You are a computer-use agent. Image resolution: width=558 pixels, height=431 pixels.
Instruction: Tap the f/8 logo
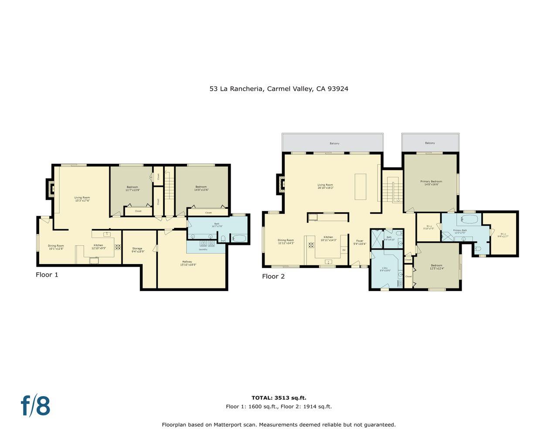36,406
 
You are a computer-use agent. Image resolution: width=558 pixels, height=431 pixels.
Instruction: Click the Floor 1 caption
47,275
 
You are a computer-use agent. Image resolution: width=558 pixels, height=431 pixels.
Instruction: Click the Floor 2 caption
273,276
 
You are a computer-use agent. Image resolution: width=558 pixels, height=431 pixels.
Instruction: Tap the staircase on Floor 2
393,190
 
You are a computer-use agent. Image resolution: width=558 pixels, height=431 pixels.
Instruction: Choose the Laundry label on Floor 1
203,249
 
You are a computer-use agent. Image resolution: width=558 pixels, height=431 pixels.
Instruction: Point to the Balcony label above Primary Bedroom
430,143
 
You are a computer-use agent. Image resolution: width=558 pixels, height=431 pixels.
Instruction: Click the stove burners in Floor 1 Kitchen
118,247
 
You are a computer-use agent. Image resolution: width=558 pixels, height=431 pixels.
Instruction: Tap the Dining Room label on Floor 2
286,241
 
